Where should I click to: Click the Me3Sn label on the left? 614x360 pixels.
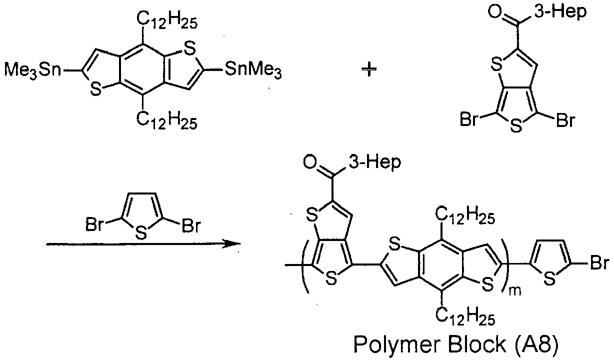click(32, 70)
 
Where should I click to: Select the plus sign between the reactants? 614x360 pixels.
click(369, 69)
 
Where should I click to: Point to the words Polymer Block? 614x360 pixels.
click(430, 344)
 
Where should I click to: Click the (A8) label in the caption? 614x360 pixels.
click(536, 344)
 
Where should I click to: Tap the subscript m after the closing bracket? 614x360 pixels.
click(515, 290)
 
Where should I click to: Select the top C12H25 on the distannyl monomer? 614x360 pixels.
click(167, 21)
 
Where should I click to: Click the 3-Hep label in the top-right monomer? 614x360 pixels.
click(560, 12)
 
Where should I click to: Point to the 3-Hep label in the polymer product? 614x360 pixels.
click(374, 162)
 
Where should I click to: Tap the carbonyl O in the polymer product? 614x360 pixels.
click(310, 162)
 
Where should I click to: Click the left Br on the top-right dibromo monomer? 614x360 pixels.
click(469, 120)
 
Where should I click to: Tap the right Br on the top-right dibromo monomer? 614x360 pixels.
click(565, 120)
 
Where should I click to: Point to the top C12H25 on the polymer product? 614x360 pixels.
click(465, 216)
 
